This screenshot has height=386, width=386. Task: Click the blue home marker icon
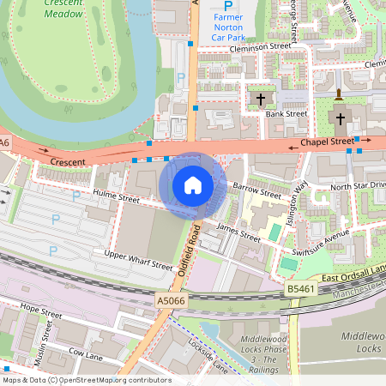click(193, 185)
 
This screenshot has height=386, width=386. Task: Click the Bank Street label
click(286, 113)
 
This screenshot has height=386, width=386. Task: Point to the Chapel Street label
click(326, 142)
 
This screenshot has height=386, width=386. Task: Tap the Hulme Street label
click(116, 198)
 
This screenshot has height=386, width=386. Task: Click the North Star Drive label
click(359, 185)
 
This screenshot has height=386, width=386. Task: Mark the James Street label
click(238, 232)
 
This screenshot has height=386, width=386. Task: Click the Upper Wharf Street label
click(138, 261)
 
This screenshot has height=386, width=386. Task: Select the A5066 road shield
click(170, 301)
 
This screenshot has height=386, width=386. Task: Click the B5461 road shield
click(299, 291)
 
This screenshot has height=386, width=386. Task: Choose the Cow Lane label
click(86, 353)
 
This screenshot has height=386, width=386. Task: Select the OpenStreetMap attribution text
click(86, 380)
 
